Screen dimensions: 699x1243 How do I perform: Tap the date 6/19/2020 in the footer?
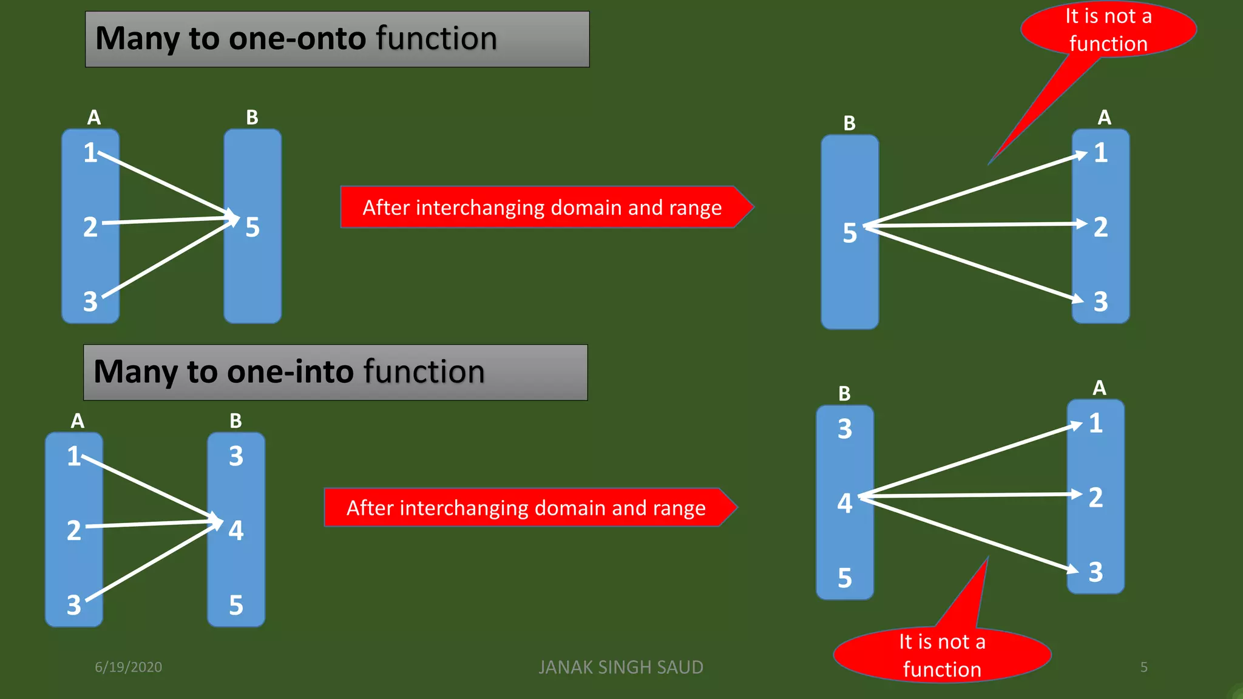(x=128, y=667)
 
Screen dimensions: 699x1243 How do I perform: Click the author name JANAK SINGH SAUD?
(x=620, y=667)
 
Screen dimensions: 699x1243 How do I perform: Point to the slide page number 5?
(x=1143, y=667)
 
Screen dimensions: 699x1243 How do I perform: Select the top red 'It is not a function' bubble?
(x=1108, y=29)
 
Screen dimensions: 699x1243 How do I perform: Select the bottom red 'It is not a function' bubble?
(x=941, y=655)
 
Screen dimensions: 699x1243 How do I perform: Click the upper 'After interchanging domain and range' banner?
(x=541, y=208)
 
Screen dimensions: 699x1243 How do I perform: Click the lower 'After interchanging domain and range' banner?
(x=526, y=508)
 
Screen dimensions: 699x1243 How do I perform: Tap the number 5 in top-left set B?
(x=252, y=228)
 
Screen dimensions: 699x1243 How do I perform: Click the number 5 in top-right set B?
(x=850, y=233)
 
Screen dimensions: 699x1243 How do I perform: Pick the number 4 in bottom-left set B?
(x=236, y=530)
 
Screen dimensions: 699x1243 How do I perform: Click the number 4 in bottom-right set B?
(x=844, y=503)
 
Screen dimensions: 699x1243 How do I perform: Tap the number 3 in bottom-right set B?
(x=844, y=429)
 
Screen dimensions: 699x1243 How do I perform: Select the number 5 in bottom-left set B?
(x=236, y=605)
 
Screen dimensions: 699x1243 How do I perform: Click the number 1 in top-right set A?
(x=1101, y=153)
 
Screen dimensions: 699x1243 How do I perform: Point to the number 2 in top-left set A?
(x=90, y=228)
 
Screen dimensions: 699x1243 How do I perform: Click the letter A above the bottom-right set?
(x=1099, y=388)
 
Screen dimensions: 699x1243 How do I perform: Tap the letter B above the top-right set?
(x=849, y=123)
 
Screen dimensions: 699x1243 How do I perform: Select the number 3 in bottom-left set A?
(x=73, y=605)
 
